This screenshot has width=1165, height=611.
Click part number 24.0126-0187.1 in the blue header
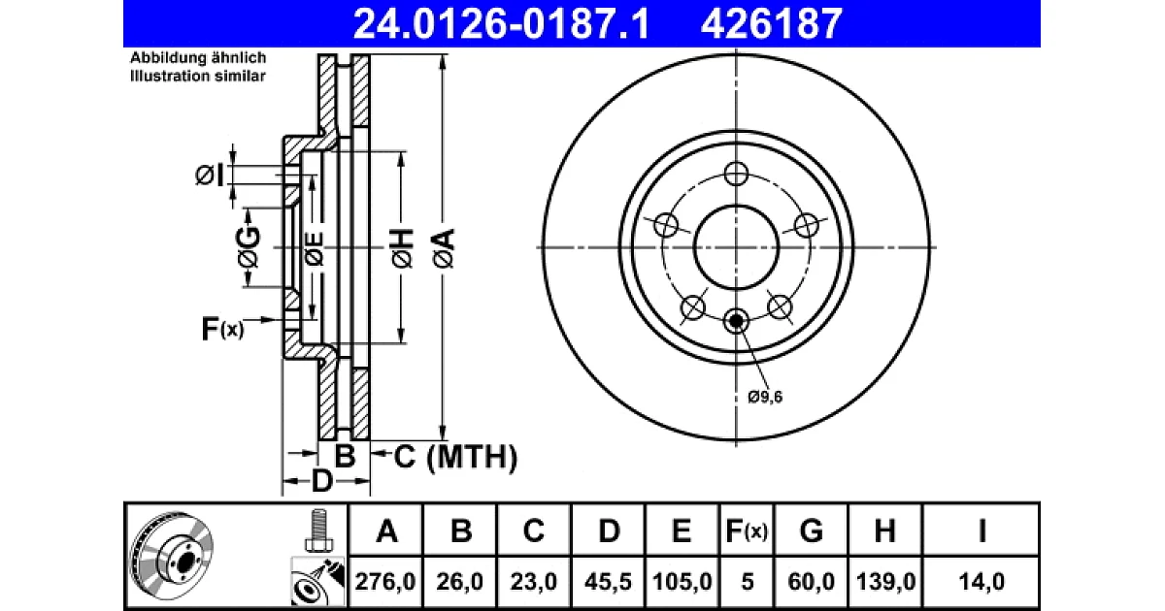501,24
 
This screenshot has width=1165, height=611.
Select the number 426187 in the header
772,24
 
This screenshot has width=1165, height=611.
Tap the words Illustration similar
198,76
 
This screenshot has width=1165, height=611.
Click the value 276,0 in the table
384,581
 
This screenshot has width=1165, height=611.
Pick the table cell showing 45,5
608,581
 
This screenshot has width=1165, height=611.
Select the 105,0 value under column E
682,581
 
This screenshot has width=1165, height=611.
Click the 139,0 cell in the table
885,581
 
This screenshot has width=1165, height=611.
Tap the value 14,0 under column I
982,581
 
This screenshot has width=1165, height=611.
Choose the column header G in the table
811,531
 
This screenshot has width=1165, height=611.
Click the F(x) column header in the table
747,531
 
